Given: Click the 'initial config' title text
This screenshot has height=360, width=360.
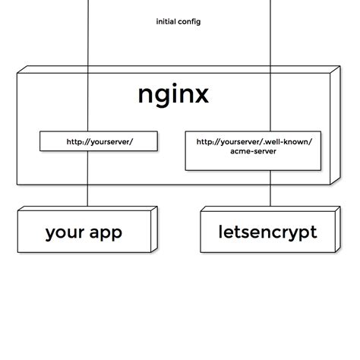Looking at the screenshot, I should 178,21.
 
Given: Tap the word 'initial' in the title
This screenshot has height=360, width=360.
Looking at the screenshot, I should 166,21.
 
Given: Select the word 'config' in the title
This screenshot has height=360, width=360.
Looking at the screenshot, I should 189,21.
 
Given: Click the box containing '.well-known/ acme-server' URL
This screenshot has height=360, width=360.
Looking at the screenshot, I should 254,150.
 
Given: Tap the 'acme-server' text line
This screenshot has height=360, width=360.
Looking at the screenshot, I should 254,152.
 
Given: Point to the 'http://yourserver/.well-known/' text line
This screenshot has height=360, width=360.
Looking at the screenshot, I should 254,142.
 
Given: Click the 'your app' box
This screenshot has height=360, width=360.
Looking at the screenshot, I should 84,232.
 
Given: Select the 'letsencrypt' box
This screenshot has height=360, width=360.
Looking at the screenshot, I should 267,232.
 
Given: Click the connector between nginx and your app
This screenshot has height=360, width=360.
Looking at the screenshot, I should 87,194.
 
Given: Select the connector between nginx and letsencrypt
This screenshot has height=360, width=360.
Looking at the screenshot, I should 270,194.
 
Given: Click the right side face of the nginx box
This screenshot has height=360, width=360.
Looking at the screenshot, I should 333,125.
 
